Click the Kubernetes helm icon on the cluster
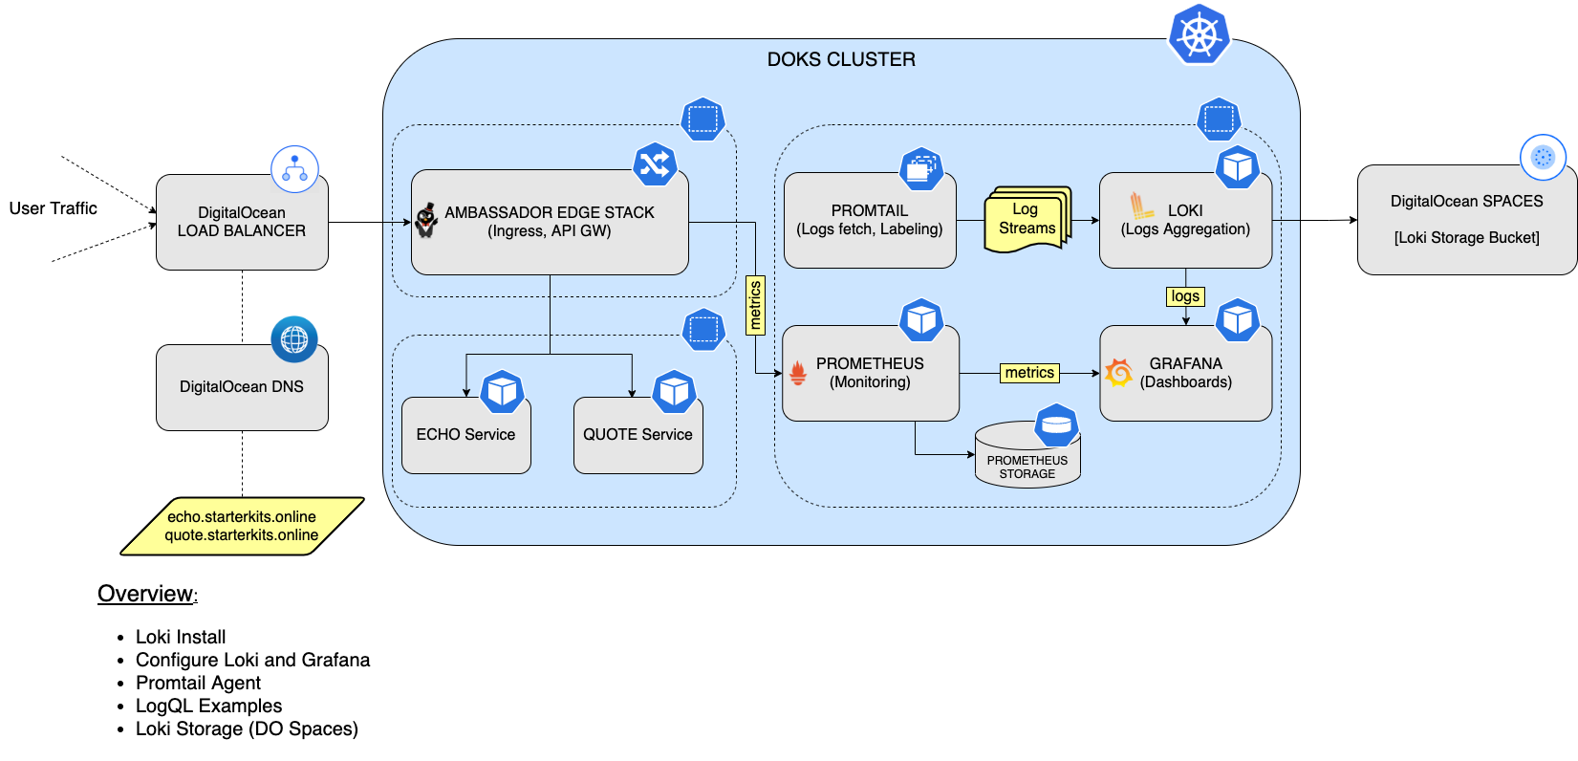(x=1199, y=34)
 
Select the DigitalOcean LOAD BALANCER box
(x=242, y=222)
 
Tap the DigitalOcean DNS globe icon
(x=294, y=339)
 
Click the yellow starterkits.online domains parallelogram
(x=242, y=526)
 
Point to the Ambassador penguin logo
(x=426, y=220)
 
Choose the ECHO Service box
(x=465, y=435)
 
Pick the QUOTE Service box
(x=638, y=435)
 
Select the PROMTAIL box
(x=870, y=220)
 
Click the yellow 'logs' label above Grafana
(x=1185, y=296)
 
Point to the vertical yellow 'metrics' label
(x=755, y=305)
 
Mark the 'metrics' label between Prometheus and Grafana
(x=1029, y=373)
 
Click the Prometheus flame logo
(x=798, y=373)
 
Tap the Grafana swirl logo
(x=1118, y=372)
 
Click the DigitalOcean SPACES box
(x=1466, y=220)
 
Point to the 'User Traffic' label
(x=54, y=208)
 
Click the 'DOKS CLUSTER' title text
(x=841, y=59)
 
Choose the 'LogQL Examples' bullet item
(x=208, y=706)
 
